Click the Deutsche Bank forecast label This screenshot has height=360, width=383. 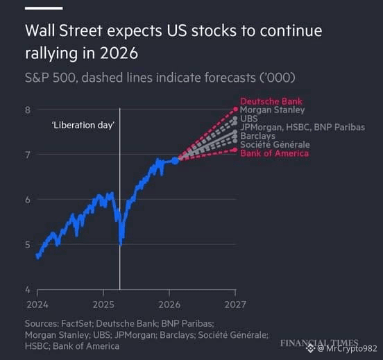(271, 101)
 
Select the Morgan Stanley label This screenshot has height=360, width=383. (273, 110)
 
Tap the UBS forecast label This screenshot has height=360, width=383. (249, 119)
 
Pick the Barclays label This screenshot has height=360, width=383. (257, 136)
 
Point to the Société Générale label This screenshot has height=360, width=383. (275, 144)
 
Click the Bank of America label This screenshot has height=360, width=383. (275, 153)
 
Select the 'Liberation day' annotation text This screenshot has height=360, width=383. (83, 126)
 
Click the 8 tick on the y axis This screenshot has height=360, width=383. (28, 110)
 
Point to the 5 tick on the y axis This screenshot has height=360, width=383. (28, 244)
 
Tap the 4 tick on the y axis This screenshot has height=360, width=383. (28, 290)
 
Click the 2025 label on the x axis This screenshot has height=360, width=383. (103, 305)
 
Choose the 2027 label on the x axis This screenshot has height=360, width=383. (235, 305)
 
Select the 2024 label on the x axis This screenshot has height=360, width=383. (37, 305)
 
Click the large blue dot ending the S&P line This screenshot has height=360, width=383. (176, 161)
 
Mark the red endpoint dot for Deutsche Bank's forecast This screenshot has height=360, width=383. (236, 109)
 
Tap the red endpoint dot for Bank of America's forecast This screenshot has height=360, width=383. (235, 150)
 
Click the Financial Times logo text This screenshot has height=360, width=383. (319, 343)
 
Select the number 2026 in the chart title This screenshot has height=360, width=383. (119, 53)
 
